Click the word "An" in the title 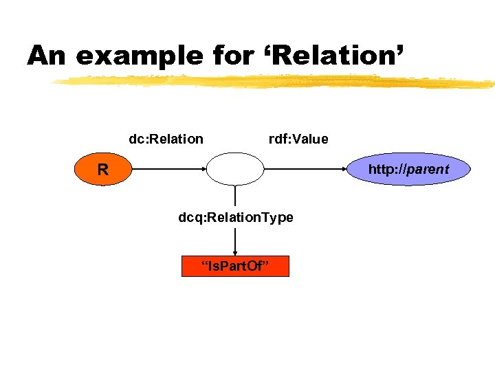pos(47,56)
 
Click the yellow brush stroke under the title pos(275,82)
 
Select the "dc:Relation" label pos(166,139)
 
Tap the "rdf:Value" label pos(298,139)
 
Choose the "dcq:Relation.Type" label pos(236,217)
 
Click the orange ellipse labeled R pos(102,169)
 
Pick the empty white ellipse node pos(235,169)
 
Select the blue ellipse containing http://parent pos(409,169)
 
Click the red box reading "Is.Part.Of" pos(235,266)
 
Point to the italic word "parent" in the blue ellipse pos(428,169)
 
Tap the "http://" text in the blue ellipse pos(387,169)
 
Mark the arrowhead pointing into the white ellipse pos(203,169)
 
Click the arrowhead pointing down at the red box pos(235,252)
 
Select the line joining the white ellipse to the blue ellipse pos(306,169)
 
